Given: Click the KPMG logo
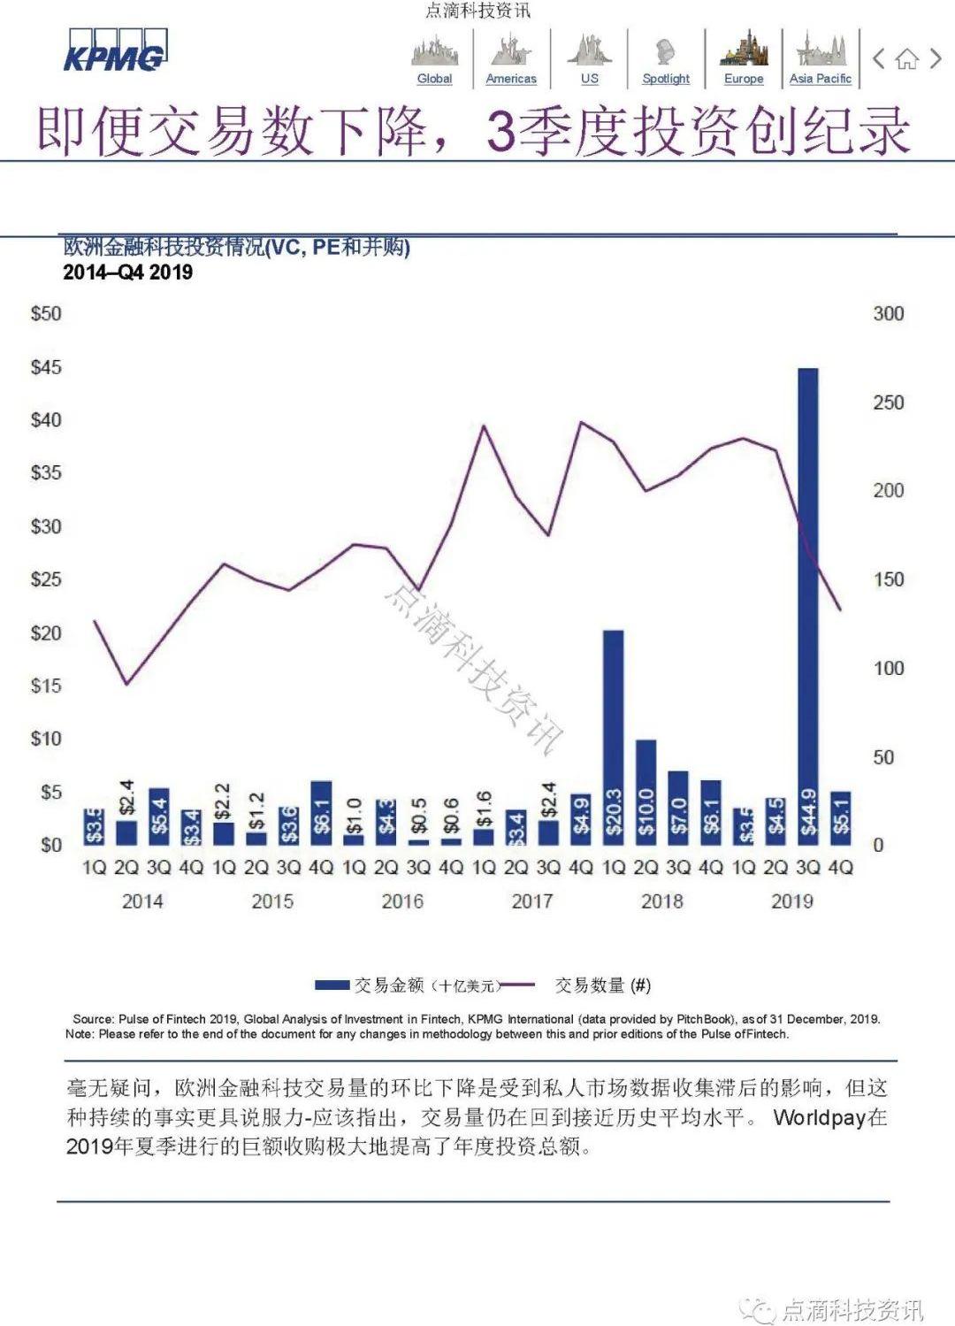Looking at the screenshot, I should click(114, 52).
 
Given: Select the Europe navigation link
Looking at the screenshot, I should click(744, 78).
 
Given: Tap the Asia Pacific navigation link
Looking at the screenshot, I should click(820, 78).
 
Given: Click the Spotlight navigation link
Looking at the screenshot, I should click(666, 78).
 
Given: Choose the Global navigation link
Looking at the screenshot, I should click(434, 78).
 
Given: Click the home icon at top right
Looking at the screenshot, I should click(906, 60).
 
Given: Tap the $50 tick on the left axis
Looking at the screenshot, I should click(46, 313).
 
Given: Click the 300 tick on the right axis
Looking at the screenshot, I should click(888, 313).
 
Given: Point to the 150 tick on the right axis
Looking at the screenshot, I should click(888, 579).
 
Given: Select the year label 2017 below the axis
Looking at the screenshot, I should click(531, 901).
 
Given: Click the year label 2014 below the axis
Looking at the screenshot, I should click(142, 901).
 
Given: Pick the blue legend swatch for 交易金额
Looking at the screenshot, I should click(332, 985).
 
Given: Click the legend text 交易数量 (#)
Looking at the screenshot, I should click(602, 985).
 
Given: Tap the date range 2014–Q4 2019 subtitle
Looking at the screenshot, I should click(127, 272).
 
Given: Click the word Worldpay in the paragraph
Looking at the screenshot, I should click(819, 1117).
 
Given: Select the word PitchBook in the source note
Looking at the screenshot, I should click(704, 1019).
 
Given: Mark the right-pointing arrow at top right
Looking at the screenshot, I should click(936, 59).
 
